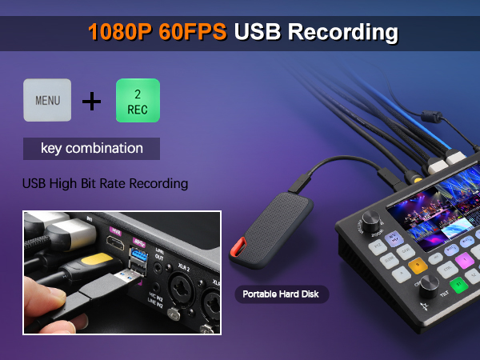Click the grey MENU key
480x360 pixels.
click(x=47, y=101)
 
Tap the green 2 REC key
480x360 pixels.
click(x=138, y=101)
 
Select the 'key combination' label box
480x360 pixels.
click(x=91, y=149)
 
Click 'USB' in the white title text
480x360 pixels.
click(x=258, y=33)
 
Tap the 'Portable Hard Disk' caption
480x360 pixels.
click(x=281, y=294)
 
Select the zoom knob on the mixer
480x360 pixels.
click(x=371, y=220)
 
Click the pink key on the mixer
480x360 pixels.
click(x=462, y=259)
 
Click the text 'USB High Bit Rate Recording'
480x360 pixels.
click(x=105, y=184)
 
